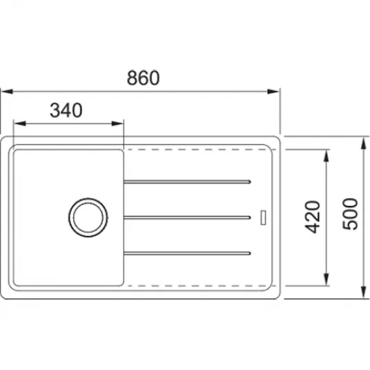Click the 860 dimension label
(143, 77)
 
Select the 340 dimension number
(66, 110)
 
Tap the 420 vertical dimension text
(313, 217)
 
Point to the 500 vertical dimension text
(350, 214)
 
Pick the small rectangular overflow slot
(263, 217)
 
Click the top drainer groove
(187, 182)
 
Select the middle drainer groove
(187, 217)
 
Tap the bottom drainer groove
(187, 253)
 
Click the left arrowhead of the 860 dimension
(7, 91)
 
